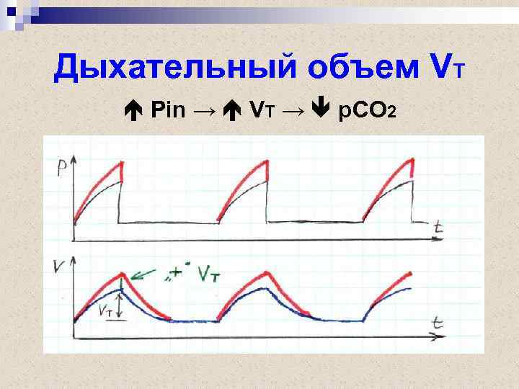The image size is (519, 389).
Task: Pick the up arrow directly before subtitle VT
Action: coord(233,110)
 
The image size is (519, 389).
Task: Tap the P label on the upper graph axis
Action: coord(60,168)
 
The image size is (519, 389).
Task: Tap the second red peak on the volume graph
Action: coord(268,272)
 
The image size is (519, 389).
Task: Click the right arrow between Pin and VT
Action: coord(204,110)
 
